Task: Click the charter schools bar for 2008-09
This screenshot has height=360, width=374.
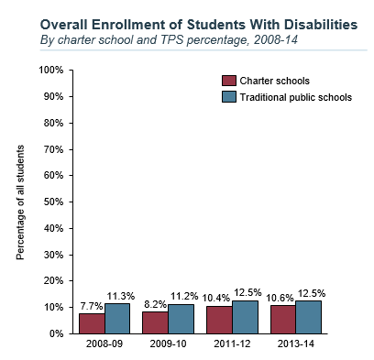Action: [93, 323]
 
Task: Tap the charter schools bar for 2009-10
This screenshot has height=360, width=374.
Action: [156, 322]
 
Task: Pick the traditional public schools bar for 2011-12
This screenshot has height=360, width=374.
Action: [246, 317]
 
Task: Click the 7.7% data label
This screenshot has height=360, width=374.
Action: [92, 305]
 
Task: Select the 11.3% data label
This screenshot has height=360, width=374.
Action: [121, 296]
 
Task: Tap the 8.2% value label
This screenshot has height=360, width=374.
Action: [154, 303]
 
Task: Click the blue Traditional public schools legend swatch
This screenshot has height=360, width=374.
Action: [229, 97]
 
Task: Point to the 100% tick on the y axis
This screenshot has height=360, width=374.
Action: [50, 71]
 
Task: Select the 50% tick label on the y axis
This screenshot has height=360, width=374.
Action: [53, 202]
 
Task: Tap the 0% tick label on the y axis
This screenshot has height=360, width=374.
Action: [56, 334]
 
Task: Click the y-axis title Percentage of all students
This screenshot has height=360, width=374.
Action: [20, 202]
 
